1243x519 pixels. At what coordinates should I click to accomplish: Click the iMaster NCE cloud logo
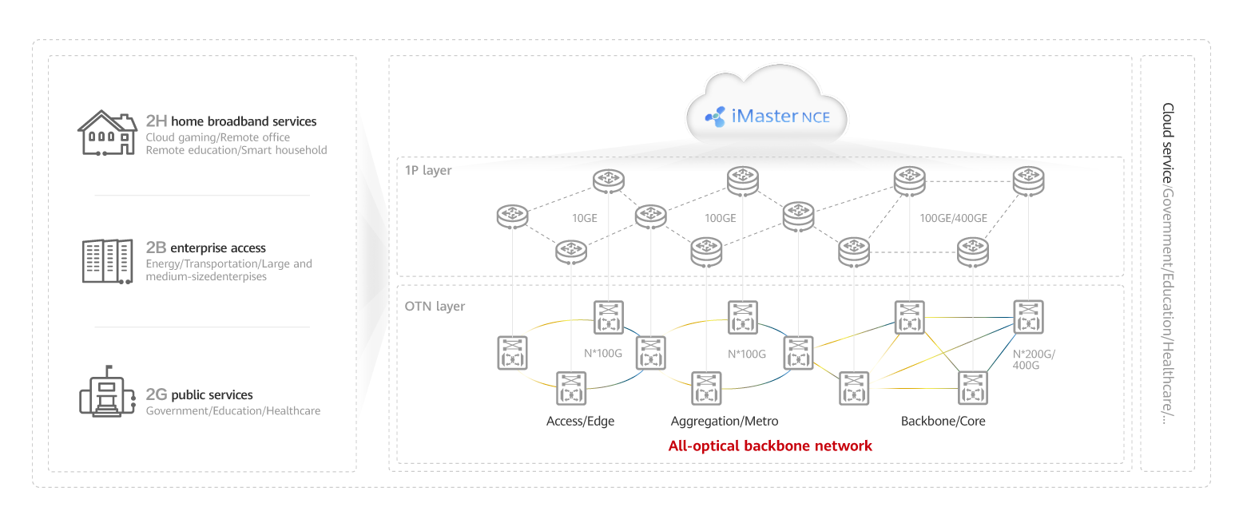pyautogui.click(x=767, y=117)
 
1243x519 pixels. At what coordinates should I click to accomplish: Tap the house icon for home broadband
pyautogui.click(x=106, y=134)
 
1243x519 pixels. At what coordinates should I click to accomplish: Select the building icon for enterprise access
pyautogui.click(x=106, y=260)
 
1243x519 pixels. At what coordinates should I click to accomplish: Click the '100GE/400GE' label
pyautogui.click(x=953, y=218)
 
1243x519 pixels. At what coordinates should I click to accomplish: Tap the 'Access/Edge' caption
pyautogui.click(x=580, y=421)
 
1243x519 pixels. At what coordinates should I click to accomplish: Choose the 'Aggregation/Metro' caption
pyautogui.click(x=724, y=421)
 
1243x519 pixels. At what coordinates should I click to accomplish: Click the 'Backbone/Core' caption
pyautogui.click(x=943, y=421)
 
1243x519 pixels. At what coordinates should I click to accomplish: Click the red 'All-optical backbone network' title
pyautogui.click(x=770, y=446)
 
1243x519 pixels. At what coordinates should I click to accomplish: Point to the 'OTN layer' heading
pyautogui.click(x=435, y=306)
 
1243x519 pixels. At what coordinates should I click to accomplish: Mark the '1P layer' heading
pyautogui.click(x=428, y=170)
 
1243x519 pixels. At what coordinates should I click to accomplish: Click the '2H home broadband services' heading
pyautogui.click(x=231, y=121)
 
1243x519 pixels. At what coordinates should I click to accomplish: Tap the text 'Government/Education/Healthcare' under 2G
pyautogui.click(x=232, y=410)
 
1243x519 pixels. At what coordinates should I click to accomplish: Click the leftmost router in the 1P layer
pyautogui.click(x=511, y=216)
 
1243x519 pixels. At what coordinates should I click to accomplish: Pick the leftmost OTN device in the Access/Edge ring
pyautogui.click(x=511, y=352)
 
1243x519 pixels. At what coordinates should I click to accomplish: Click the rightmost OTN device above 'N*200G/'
pyautogui.click(x=1027, y=316)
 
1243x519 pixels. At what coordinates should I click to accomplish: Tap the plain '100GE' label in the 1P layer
pyautogui.click(x=720, y=218)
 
